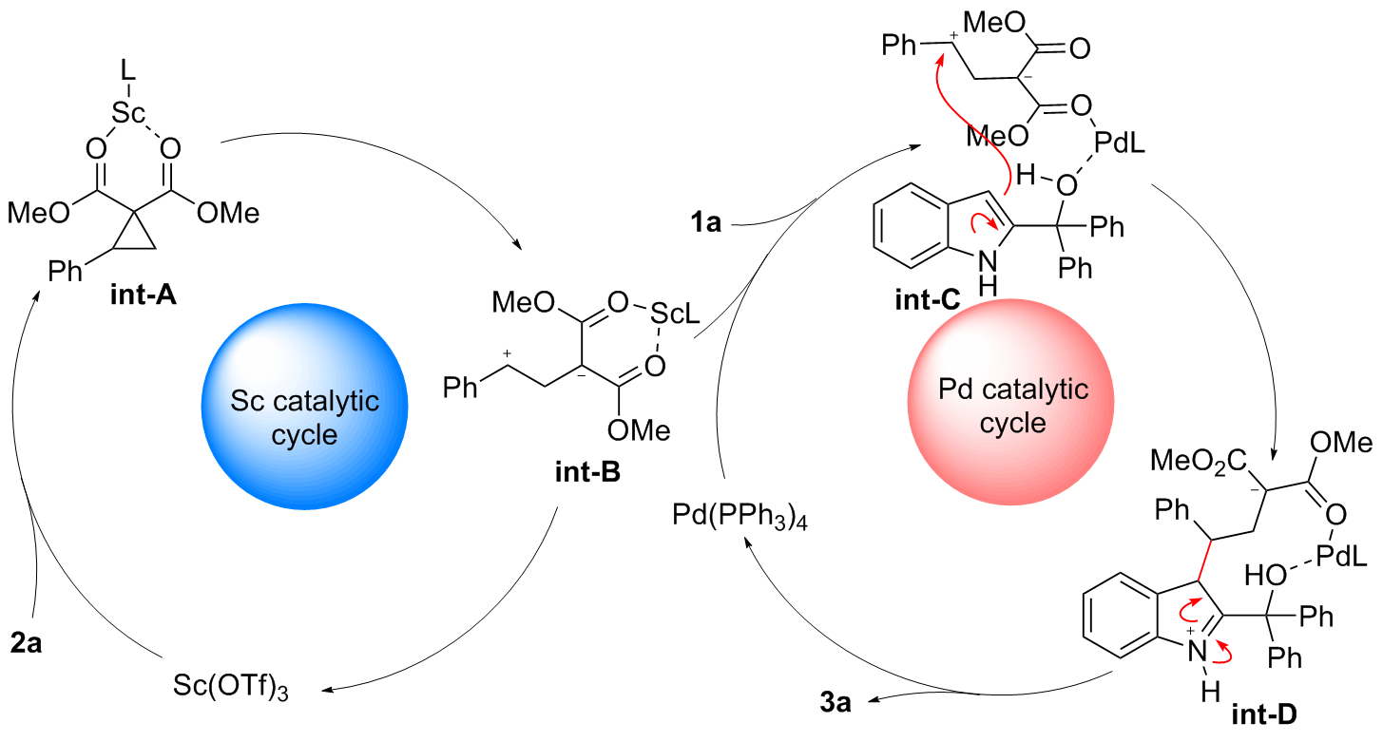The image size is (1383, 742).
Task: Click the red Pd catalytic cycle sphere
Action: tap(1012, 404)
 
